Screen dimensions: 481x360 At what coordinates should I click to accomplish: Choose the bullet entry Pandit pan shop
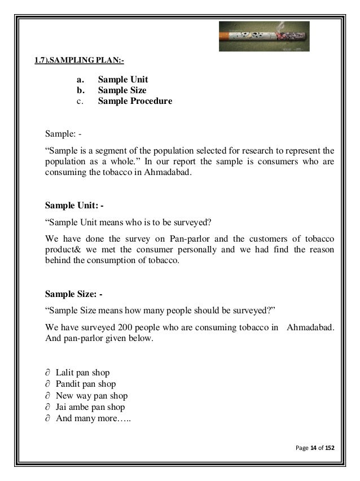click(86, 384)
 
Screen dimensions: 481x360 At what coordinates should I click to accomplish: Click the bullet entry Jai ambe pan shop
click(90, 407)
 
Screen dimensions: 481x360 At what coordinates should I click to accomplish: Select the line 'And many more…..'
click(89, 418)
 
